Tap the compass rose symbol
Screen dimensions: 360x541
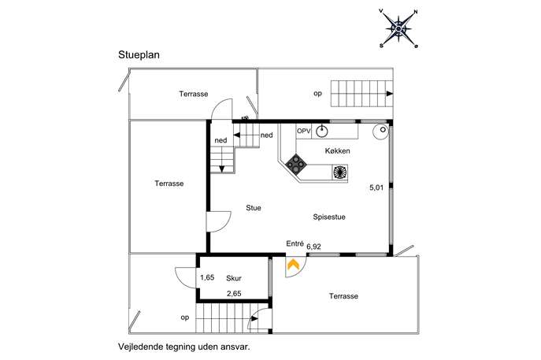click(399, 29)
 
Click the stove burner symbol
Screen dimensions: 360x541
click(297, 165)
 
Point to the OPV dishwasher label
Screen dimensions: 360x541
click(304, 131)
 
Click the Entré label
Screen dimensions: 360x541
click(295, 243)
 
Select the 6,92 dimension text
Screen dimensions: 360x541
click(314, 247)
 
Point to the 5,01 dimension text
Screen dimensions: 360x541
click(378, 188)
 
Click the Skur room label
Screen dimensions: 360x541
click(234, 278)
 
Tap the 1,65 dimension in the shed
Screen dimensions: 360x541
click(207, 278)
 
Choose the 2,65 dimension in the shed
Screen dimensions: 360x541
click(234, 294)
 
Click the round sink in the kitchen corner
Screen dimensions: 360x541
click(380, 130)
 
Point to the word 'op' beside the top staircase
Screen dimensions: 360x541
click(318, 93)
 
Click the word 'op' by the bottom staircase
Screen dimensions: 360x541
click(184, 317)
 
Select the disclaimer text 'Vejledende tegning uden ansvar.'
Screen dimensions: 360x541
click(183, 345)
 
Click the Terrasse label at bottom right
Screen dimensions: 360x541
click(344, 296)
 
